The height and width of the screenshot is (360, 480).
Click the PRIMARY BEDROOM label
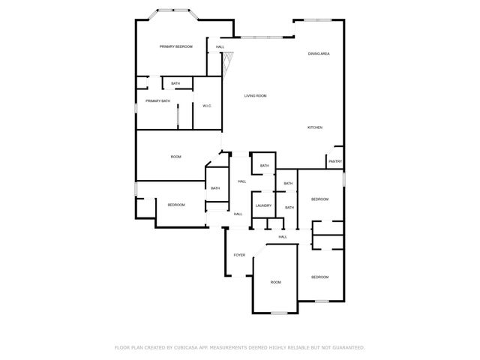coord(176,46)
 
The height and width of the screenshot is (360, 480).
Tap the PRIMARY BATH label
coord(157,100)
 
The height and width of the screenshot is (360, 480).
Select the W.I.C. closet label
coord(206,106)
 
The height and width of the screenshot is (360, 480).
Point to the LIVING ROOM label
coord(255,96)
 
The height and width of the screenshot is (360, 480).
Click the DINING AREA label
coord(319,54)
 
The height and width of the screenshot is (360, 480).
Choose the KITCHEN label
coord(315,127)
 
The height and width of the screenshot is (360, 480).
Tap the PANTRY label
coord(335,161)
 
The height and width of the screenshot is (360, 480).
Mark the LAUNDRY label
coord(262,205)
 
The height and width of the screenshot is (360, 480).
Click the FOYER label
coord(239,255)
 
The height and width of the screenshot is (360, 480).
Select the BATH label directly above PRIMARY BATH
coord(175,83)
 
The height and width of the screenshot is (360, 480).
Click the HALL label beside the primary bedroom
coord(220,47)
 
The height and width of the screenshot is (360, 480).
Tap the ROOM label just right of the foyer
coord(276,282)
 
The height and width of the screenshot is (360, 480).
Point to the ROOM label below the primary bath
coord(176,157)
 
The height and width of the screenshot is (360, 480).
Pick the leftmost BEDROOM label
coord(176,205)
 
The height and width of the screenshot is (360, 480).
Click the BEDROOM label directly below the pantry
coord(319,199)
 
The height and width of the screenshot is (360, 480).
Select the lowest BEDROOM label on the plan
coord(319,277)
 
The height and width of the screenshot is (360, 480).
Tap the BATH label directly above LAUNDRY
coord(264,166)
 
